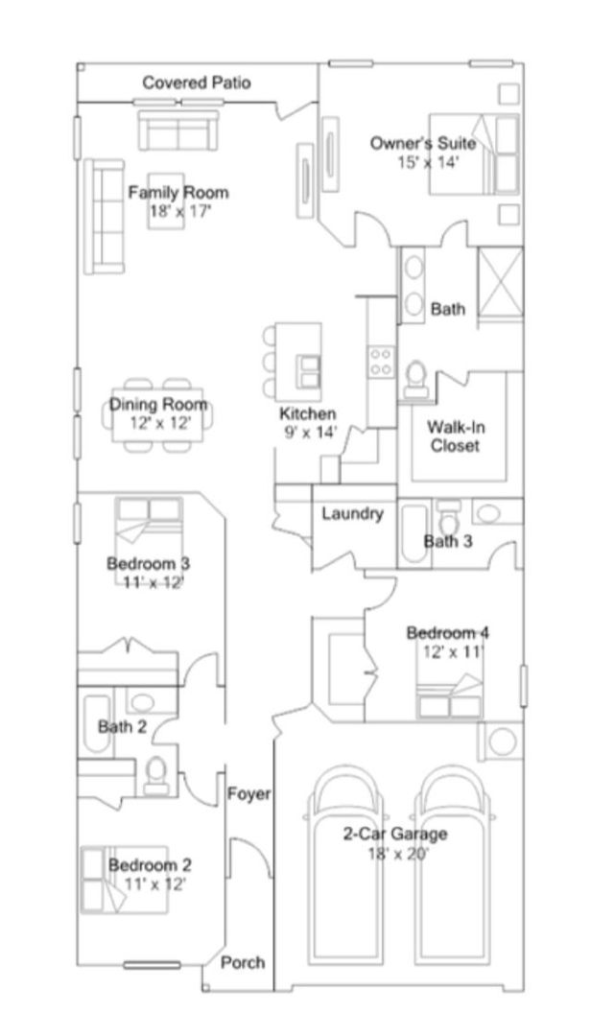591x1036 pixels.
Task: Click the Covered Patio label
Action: coord(197,82)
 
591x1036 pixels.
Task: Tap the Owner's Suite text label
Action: coord(422,143)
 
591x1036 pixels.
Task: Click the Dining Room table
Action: coord(157,414)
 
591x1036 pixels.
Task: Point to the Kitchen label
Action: coord(307,414)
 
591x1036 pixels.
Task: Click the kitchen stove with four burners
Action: coord(382,362)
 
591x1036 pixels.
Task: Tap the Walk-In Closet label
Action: coord(456,436)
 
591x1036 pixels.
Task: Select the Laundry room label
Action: coord(352,513)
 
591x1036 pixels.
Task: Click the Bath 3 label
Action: coord(448,542)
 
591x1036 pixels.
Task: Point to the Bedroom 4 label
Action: coord(447,633)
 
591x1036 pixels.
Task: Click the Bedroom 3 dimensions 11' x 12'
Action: coord(154,582)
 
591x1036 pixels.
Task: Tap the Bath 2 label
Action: coord(122,727)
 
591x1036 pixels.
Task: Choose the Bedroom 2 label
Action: coord(150,865)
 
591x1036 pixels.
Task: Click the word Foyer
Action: coord(249,793)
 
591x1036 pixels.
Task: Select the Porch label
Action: coord(243,963)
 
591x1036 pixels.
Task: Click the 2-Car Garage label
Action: coord(394,834)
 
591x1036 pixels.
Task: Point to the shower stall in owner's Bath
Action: coord(501,284)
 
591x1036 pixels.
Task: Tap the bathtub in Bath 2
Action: coord(97,722)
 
